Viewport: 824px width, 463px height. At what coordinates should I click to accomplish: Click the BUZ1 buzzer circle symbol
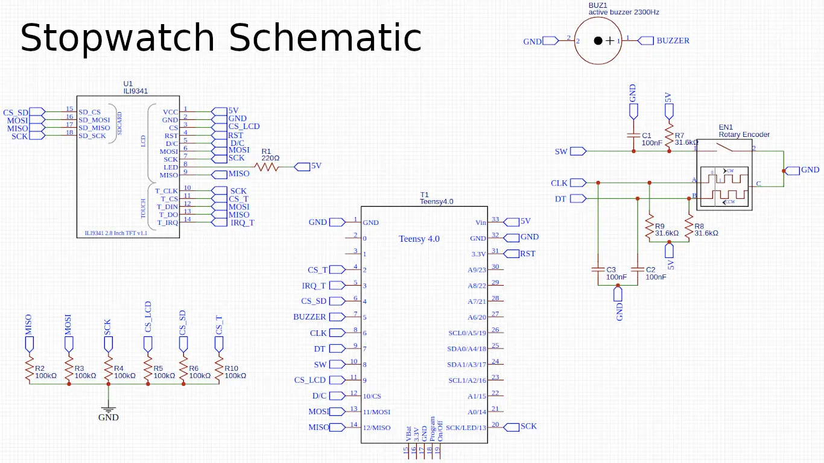(x=597, y=40)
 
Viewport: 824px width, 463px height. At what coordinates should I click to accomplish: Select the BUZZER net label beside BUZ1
(x=672, y=41)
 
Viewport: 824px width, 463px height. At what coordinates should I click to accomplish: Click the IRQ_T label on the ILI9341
(x=242, y=222)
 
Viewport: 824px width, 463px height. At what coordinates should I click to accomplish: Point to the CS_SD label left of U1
(x=16, y=112)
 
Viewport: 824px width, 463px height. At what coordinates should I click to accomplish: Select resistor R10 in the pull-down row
(x=218, y=369)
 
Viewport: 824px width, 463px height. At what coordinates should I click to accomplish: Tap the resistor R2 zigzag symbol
(x=29, y=369)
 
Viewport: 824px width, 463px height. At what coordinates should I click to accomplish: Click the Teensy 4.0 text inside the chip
(x=419, y=239)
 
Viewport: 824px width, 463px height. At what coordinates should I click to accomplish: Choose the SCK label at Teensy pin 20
(x=528, y=426)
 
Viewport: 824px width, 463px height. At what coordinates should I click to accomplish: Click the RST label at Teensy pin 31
(x=527, y=254)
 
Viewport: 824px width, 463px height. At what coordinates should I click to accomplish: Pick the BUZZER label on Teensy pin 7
(x=309, y=317)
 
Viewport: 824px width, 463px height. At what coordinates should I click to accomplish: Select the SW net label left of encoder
(x=561, y=151)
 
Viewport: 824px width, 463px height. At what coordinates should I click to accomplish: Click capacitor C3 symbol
(x=598, y=270)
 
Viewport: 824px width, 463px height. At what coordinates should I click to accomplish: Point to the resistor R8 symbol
(x=688, y=228)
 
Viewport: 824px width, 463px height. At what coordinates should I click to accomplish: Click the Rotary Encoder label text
(x=744, y=134)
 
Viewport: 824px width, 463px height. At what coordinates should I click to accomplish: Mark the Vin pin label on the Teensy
(x=481, y=222)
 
